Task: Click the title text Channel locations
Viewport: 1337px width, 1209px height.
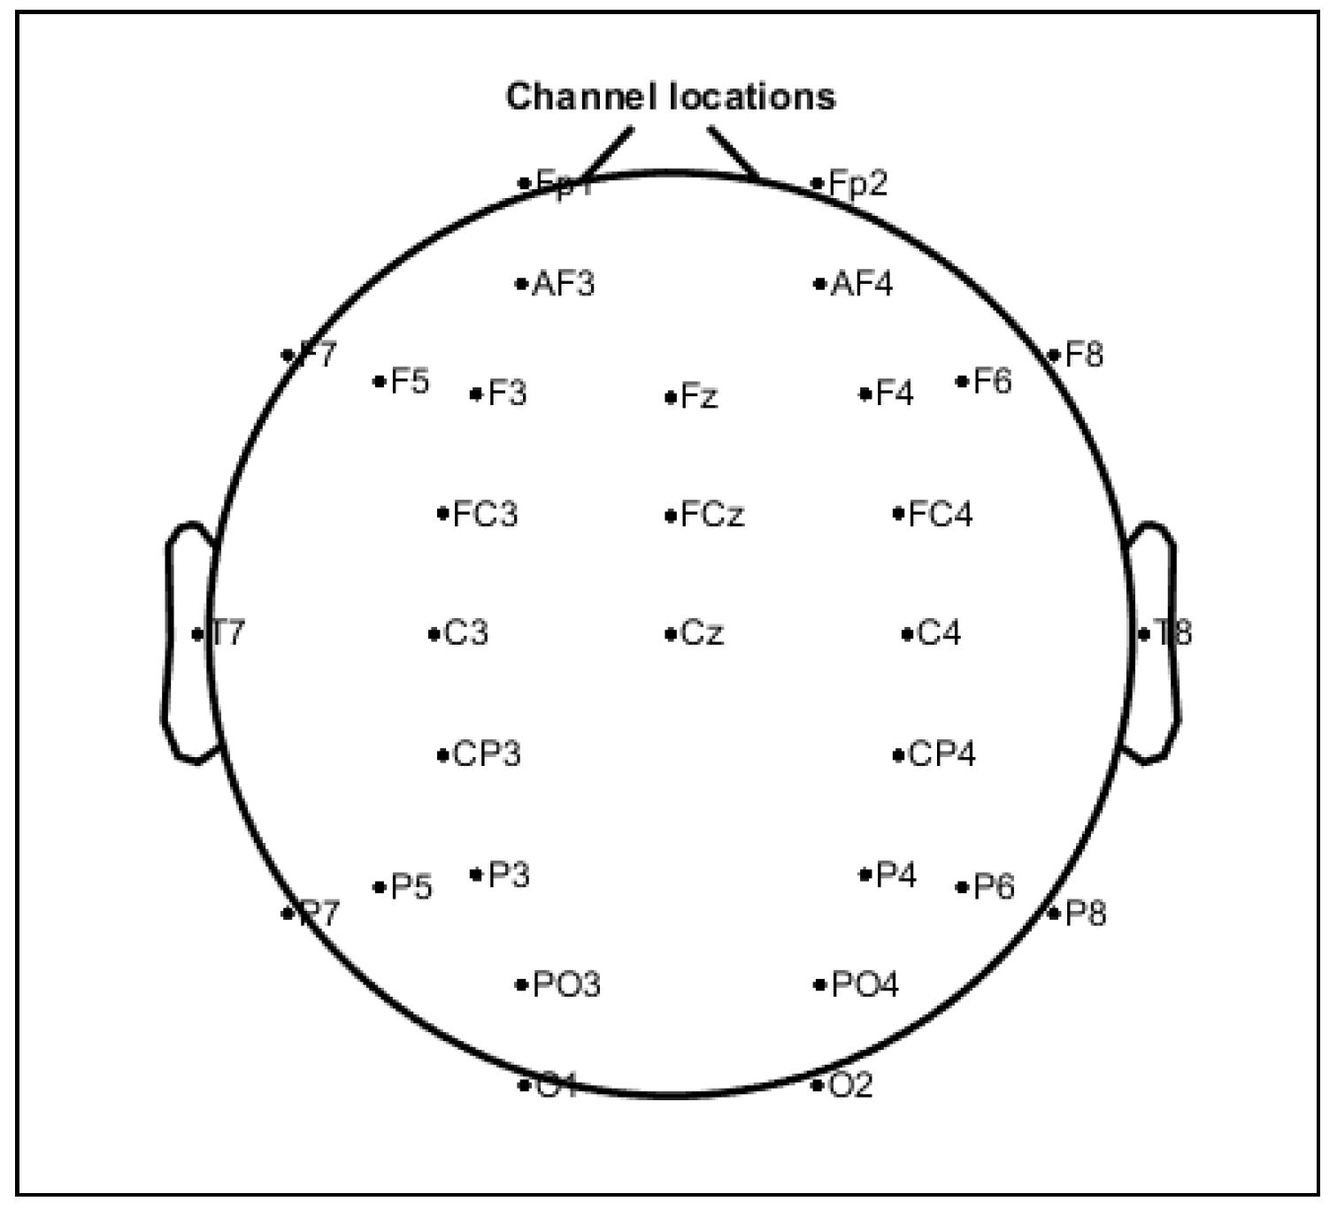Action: coord(670,96)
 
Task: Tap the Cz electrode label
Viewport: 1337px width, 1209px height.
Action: coord(703,633)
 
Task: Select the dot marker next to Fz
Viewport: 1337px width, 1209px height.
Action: coord(670,398)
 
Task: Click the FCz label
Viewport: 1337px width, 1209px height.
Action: coord(712,514)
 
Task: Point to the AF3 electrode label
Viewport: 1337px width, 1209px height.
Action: coord(564,284)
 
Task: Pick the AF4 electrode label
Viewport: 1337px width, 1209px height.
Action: coord(862,284)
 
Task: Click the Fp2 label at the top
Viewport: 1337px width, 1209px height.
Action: coord(857,184)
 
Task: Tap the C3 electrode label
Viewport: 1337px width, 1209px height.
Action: coord(466,633)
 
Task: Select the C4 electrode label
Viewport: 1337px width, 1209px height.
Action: coord(939,633)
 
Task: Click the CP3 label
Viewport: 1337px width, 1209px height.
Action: coord(487,754)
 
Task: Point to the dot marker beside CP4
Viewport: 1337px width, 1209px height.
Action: coord(897,755)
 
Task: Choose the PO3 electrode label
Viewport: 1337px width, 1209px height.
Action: coord(566,984)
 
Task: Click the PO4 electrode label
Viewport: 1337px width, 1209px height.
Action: coord(864,984)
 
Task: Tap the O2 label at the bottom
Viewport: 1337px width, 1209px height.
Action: coord(850,1085)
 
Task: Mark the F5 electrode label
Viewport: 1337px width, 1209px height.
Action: coord(410,382)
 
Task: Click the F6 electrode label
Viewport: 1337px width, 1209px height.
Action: coord(992,382)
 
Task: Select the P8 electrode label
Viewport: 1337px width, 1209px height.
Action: coord(1086,913)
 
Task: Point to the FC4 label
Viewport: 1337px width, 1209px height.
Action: coord(940,514)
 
